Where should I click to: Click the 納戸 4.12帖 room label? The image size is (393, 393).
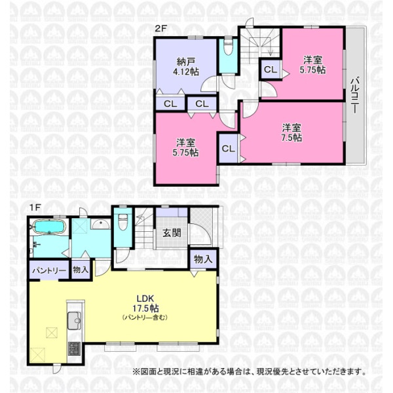186,66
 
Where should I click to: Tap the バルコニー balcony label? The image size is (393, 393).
354,95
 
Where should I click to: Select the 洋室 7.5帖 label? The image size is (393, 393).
291,132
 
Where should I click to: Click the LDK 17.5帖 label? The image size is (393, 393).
145,303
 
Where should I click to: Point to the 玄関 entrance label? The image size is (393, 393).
172,233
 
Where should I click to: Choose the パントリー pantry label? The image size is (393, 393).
49,270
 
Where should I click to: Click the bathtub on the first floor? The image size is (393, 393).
49,227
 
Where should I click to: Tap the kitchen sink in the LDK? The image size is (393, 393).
75,320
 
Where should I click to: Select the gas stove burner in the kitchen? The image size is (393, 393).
74,348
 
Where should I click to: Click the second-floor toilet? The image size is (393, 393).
228,47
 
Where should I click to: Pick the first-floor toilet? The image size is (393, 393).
123,221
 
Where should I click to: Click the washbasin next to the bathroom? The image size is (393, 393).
100,224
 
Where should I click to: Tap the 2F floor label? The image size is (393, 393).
160,29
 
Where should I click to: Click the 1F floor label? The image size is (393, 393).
35,208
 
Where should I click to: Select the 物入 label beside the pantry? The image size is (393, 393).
81,270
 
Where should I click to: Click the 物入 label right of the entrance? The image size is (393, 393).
203,259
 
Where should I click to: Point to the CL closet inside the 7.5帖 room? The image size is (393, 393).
228,149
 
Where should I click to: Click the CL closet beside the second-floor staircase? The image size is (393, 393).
271,69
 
